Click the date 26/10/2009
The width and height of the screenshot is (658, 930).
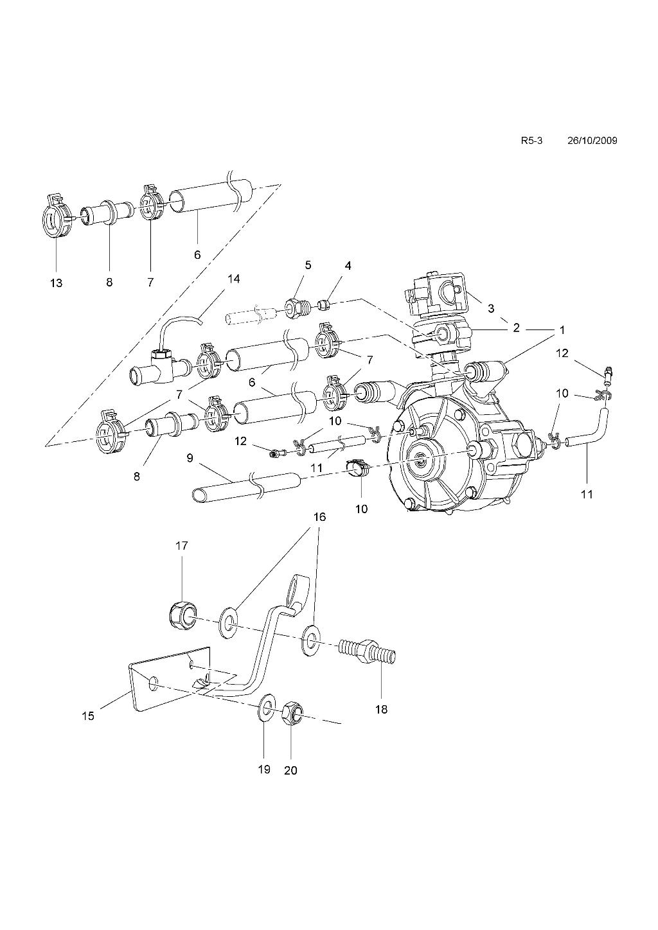click(x=592, y=141)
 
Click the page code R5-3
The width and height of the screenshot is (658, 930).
click(x=531, y=141)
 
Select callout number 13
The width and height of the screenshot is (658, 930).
click(x=56, y=283)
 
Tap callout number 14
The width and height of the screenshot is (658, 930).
click(x=234, y=278)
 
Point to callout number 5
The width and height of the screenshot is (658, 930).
click(x=308, y=265)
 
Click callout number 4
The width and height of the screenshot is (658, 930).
click(x=348, y=266)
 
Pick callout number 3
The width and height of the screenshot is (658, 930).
click(x=490, y=308)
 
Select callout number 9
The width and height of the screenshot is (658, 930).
click(x=190, y=458)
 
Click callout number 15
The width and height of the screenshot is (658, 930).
click(x=88, y=716)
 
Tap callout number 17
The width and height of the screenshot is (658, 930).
click(x=182, y=546)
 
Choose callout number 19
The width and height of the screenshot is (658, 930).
click(x=264, y=769)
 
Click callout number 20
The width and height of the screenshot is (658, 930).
click(x=291, y=771)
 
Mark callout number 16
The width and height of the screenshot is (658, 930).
click(x=320, y=517)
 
